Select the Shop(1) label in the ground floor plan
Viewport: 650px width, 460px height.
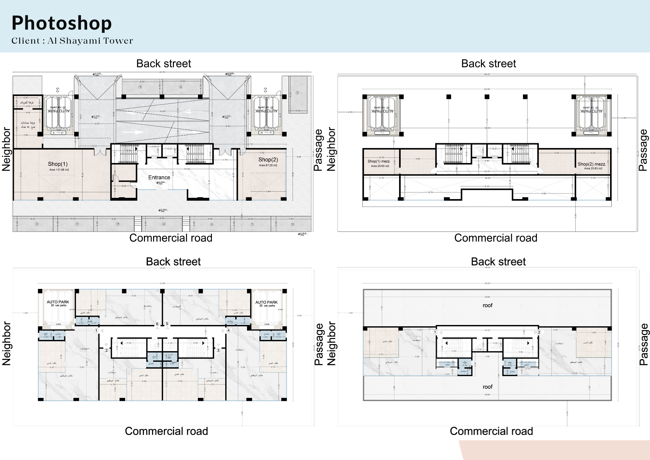tap(58, 164)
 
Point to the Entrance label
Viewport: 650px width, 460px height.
tap(159, 177)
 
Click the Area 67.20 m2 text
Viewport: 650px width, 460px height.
tap(268, 165)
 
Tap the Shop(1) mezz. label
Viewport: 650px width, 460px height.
tap(379, 161)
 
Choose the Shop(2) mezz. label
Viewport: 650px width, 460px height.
tap(591, 164)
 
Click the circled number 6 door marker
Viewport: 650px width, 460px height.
tap(157, 324)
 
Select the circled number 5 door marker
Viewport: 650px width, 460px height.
tap(167, 324)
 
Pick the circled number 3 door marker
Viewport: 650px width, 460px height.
tap(218, 350)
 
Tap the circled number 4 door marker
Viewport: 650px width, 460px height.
tap(228, 330)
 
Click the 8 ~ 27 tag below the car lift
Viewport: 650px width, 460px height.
tap(58, 133)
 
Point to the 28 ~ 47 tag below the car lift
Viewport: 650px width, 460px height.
tap(266, 133)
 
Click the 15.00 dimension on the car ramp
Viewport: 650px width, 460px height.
tap(162, 111)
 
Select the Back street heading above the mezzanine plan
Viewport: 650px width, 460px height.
tap(488, 63)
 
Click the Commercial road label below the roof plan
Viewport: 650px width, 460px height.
tap(491, 431)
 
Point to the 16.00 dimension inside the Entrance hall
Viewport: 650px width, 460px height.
tap(187, 169)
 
